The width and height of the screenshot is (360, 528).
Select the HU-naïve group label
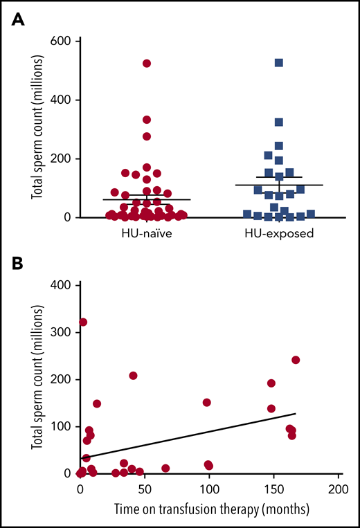click(x=146, y=233)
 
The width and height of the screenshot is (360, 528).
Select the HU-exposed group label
click(x=279, y=233)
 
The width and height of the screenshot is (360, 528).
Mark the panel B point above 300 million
click(x=83, y=322)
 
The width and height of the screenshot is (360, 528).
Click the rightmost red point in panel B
click(x=296, y=360)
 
